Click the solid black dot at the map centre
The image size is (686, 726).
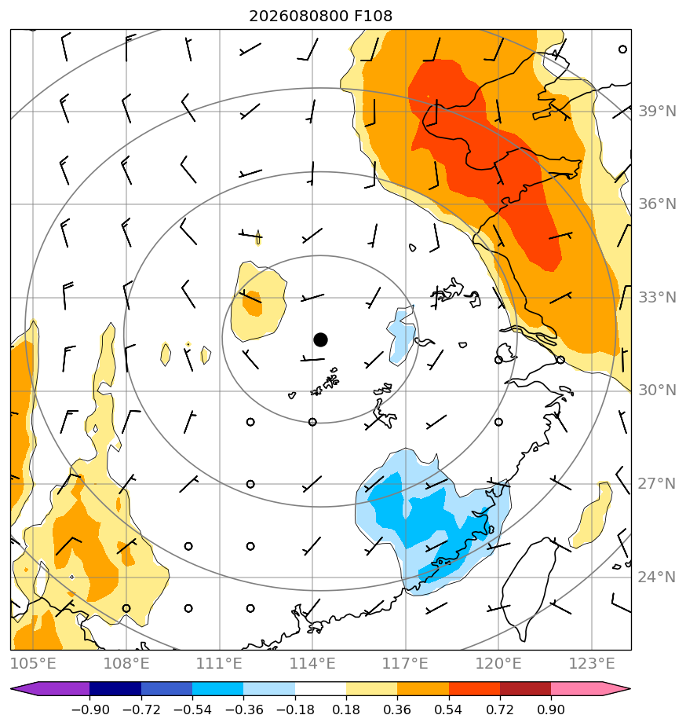point(320,339)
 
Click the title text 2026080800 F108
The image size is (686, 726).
point(320,16)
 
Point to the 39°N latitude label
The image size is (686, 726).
point(657,111)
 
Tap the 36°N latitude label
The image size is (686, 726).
point(657,203)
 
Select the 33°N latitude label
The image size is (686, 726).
point(657,297)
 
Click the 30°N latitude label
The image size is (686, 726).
point(657,390)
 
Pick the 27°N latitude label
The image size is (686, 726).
point(657,484)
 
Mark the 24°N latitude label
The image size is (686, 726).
point(657,577)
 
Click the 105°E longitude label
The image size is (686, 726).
point(33,663)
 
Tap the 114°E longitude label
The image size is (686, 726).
point(312,663)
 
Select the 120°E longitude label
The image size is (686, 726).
point(498,663)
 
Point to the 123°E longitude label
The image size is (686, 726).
point(592,663)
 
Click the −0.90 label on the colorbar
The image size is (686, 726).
point(90,709)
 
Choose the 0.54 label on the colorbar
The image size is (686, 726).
point(448,709)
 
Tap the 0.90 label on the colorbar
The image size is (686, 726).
point(551,709)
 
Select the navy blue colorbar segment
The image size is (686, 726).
point(115,688)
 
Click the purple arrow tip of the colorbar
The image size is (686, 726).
point(11,688)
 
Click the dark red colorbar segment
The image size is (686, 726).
point(525,688)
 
